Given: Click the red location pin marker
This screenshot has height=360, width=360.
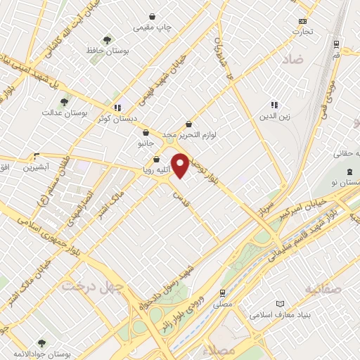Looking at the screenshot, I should tap(181, 165).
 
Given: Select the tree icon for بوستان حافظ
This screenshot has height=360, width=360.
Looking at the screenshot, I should tap(107, 39).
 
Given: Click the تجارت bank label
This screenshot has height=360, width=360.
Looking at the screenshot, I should tap(303, 32).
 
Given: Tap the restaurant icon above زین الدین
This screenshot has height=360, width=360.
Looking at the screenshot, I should tap(274, 104).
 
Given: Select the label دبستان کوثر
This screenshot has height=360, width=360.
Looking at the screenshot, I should tap(118, 120).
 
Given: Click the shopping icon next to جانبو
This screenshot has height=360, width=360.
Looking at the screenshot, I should tap(145, 132).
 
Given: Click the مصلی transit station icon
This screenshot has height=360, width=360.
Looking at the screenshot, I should tap(222, 292).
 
